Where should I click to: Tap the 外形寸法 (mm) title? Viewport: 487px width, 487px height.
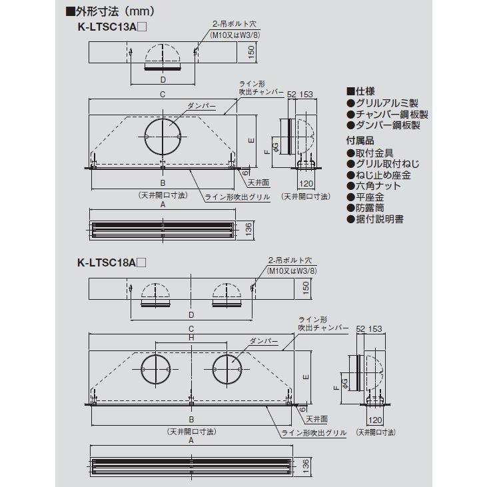coord(110,11)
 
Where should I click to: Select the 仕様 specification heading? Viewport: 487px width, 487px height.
coord(360,91)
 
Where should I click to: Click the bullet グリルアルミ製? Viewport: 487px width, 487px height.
coord(382,103)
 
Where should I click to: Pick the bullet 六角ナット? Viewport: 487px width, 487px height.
coord(374,186)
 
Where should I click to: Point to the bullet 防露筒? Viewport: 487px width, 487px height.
coord(365,208)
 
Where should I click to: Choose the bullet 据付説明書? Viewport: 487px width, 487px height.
coord(375,219)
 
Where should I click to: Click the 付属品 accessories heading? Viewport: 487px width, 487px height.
coord(360,141)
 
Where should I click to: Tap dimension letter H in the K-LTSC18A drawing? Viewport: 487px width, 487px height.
coord(191,338)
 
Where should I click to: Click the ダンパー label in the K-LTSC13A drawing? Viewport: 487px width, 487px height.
coord(201,106)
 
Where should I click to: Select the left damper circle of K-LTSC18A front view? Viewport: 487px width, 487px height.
coord(156,369)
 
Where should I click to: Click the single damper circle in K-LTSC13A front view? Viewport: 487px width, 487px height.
coord(163,137)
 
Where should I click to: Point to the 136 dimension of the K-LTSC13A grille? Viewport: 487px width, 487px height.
coord(248,230)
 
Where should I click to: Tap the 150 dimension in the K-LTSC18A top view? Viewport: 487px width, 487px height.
coord(306,288)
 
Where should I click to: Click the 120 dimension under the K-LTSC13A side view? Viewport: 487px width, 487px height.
coord(306,184)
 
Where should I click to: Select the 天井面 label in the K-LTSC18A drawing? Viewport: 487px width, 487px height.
coord(317,419)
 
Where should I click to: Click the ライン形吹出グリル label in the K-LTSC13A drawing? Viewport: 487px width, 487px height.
coord(237,197)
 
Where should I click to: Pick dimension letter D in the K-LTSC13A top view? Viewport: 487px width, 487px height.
coord(163,80)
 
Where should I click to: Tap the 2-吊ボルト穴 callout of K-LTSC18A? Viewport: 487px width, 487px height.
coord(290,260)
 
